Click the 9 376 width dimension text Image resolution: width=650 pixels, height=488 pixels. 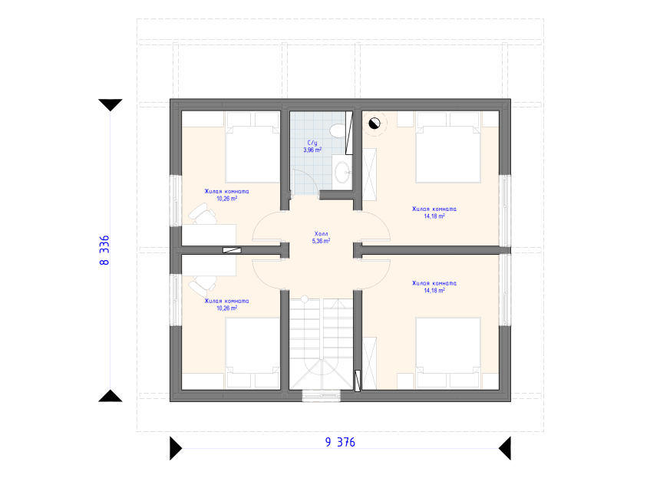click(x=340, y=443)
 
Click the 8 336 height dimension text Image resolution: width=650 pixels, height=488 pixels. click(x=104, y=250)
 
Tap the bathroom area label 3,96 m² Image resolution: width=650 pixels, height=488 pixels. click(x=312, y=150)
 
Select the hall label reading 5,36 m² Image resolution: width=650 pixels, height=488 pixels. click(x=321, y=241)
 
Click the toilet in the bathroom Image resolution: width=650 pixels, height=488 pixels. click(x=338, y=130)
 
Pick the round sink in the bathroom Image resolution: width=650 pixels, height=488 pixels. click(x=343, y=172)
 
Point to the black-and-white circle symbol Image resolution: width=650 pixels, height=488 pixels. click(x=374, y=123)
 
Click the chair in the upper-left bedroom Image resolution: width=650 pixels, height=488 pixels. click(x=203, y=213)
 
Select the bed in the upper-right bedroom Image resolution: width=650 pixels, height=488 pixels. click(x=448, y=147)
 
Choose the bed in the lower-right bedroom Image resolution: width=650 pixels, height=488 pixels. click(x=448, y=353)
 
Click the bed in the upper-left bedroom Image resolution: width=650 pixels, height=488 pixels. click(x=252, y=147)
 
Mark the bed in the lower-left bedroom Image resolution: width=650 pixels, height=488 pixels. click(x=252, y=353)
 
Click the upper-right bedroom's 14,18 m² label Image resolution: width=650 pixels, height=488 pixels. click(x=434, y=216)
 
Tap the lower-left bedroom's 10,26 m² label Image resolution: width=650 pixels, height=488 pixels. click(x=226, y=308)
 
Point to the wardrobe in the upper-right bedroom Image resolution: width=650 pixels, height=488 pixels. click(x=369, y=174)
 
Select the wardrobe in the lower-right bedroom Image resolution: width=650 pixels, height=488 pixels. click(x=369, y=363)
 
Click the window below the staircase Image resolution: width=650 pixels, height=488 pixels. click(x=322, y=396)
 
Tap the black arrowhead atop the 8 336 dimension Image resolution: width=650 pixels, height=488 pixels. click(x=111, y=105)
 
